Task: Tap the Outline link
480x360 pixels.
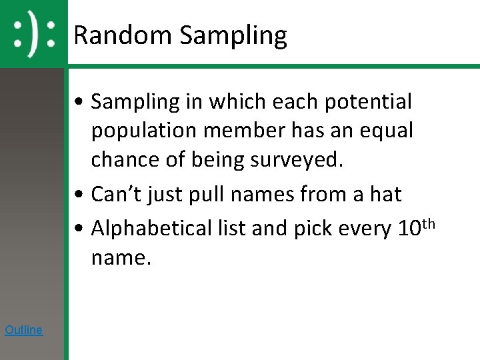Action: (23, 329)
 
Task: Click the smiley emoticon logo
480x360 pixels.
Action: (34, 33)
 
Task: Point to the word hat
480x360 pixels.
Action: (385, 195)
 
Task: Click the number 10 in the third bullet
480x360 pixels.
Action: (408, 228)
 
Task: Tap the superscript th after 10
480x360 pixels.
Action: (428, 223)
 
